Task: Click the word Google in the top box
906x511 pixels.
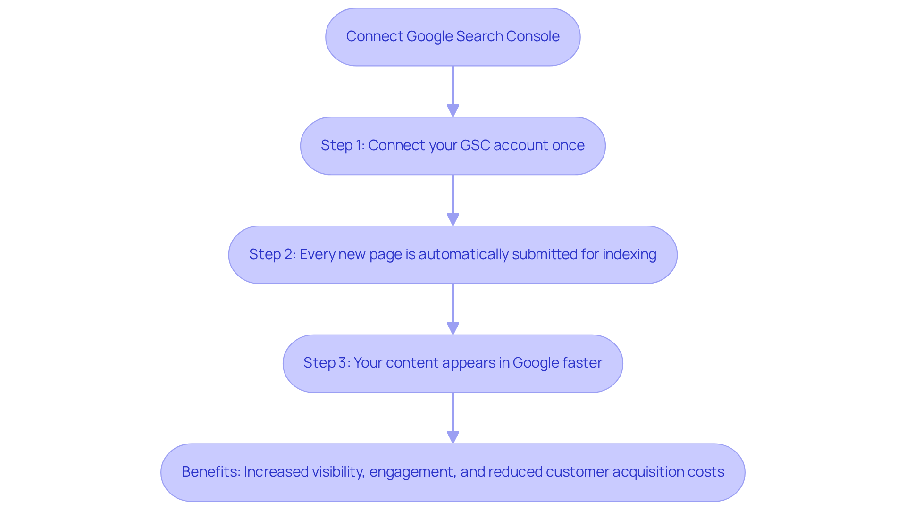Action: click(x=429, y=36)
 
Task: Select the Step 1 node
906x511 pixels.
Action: click(x=453, y=145)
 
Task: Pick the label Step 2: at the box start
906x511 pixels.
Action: click(x=272, y=254)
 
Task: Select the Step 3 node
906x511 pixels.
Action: click(x=453, y=363)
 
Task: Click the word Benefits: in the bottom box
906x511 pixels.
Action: click(x=210, y=472)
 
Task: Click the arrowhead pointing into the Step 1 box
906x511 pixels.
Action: click(x=453, y=111)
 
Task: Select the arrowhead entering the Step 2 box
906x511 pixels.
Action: click(x=453, y=220)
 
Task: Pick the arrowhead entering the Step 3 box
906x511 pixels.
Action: click(x=453, y=328)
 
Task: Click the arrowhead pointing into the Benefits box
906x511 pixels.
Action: click(x=453, y=437)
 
